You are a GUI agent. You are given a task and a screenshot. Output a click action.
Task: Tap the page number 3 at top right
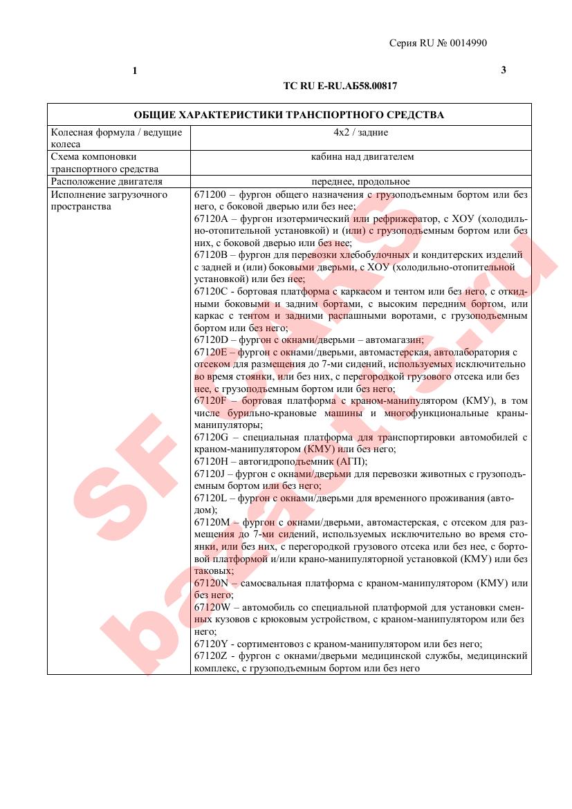click(x=503, y=70)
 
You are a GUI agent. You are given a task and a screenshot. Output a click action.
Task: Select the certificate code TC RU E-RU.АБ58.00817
click(x=340, y=86)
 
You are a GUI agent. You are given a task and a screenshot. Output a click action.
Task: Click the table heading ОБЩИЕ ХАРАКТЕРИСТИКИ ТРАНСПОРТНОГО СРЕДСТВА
click(x=288, y=115)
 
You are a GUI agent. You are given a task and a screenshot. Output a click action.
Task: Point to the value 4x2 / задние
click(x=360, y=132)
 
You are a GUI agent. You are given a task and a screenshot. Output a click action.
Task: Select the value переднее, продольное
click(x=360, y=182)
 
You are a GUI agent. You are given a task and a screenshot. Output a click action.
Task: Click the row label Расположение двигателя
click(x=107, y=182)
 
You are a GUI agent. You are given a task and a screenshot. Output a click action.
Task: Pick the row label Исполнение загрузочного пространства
click(x=109, y=201)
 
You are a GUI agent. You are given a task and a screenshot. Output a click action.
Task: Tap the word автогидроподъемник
click(x=289, y=461)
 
